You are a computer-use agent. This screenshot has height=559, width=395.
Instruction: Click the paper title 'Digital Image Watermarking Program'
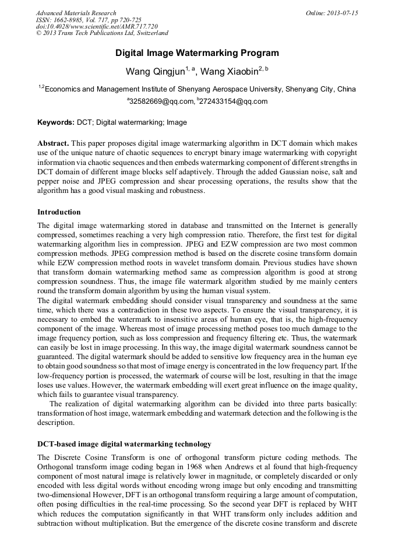pos(197,53)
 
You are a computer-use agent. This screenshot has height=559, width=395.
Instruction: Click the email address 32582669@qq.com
pos(161,101)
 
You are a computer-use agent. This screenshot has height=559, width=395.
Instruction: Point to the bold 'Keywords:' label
pos(56,122)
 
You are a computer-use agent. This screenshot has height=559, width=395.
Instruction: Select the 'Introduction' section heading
pos(59,212)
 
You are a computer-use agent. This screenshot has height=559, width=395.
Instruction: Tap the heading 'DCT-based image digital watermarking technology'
pos(124,444)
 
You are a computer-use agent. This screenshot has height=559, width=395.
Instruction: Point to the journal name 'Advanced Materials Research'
pos(76,13)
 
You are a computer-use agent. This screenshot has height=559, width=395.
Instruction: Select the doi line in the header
pos(97,27)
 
